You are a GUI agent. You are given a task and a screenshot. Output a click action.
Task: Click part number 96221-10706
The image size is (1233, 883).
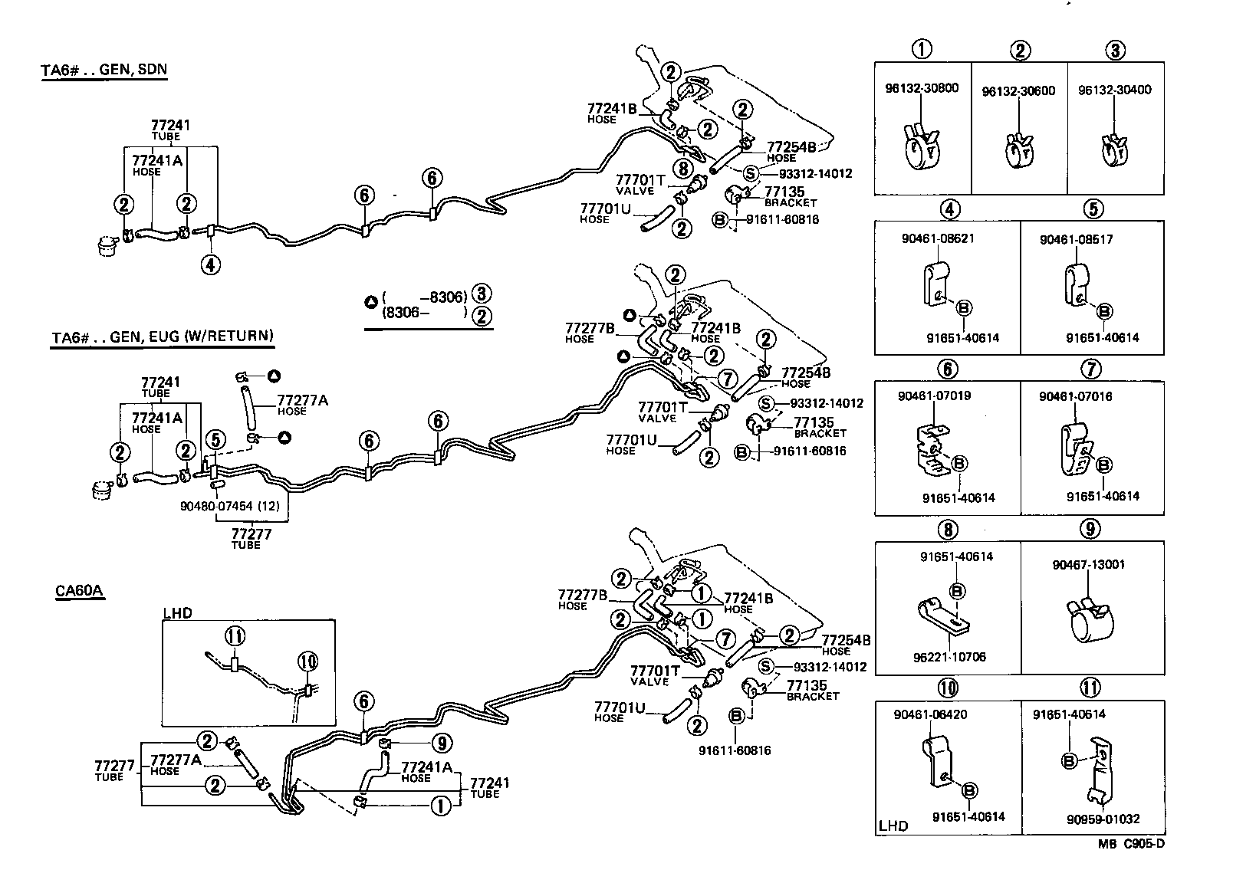pos(949,657)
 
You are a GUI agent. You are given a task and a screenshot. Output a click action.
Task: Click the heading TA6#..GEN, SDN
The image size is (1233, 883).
pos(104,70)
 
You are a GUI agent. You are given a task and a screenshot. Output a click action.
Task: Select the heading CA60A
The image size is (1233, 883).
pos(79,591)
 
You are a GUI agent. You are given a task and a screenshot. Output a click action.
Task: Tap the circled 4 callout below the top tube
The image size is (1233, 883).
pos(211,265)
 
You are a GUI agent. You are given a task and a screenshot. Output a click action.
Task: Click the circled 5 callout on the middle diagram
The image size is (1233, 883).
pos(215,439)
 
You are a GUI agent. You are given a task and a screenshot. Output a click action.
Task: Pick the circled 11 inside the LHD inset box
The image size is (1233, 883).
pos(235,635)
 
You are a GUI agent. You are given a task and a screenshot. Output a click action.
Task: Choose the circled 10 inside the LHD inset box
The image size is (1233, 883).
pos(307,661)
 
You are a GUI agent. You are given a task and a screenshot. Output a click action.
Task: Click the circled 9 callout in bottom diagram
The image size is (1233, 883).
pos(442,742)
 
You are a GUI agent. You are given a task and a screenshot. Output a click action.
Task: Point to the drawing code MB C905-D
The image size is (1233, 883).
pos(1130,844)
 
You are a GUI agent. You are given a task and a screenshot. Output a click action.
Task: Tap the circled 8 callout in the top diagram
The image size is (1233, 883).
pos(682,168)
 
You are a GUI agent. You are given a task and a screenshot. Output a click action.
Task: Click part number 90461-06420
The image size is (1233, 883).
pos(929,714)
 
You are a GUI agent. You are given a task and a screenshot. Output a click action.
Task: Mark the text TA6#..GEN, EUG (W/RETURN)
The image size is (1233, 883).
pos(162,335)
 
